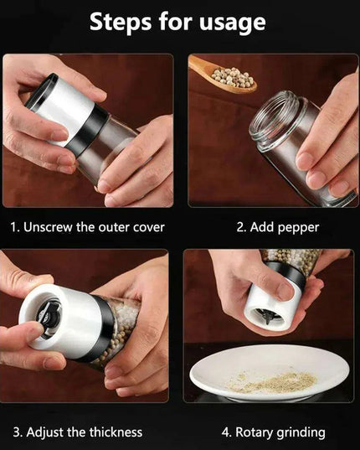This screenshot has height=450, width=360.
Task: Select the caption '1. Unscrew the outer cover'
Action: pos(88,227)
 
